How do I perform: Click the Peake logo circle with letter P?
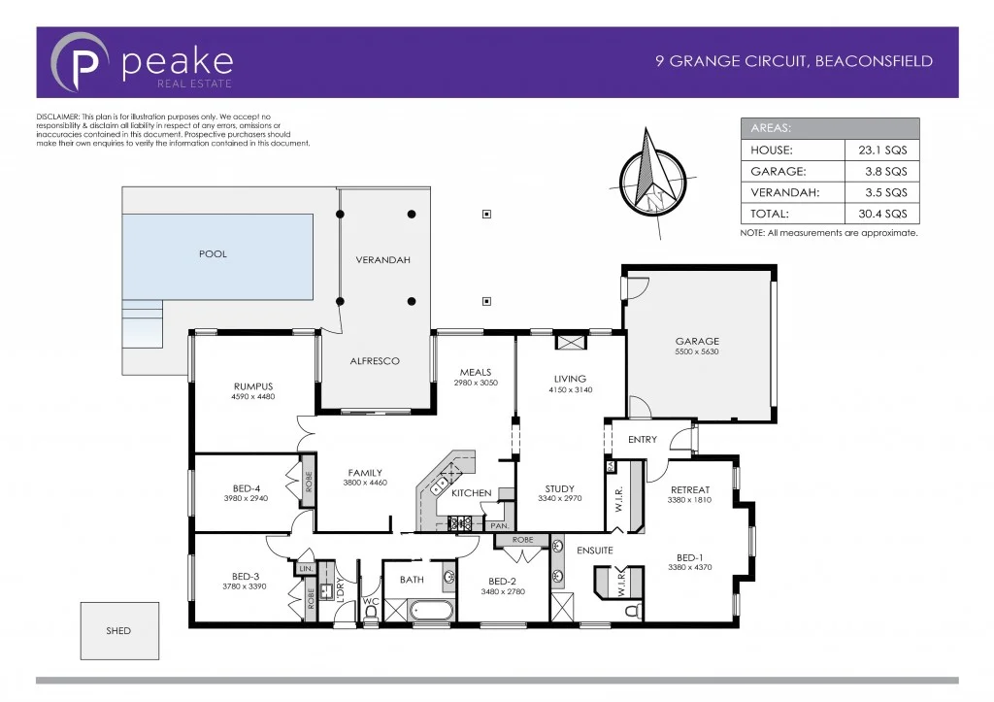pyautogui.click(x=80, y=62)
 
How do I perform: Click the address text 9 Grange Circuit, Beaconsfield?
pyautogui.click(x=794, y=61)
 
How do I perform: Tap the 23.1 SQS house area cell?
pyautogui.click(x=881, y=150)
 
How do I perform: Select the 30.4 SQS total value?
pyautogui.click(x=881, y=214)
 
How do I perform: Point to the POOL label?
pyautogui.click(x=213, y=254)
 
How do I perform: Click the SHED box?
pyautogui.click(x=118, y=631)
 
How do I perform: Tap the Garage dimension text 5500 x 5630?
pyautogui.click(x=697, y=352)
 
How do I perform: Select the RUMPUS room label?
pyautogui.click(x=252, y=386)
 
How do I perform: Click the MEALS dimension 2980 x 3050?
pyautogui.click(x=476, y=384)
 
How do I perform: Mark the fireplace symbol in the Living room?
pyautogui.click(x=570, y=343)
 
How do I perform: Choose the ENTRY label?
pyautogui.click(x=643, y=440)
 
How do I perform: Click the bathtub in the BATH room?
pyautogui.click(x=430, y=612)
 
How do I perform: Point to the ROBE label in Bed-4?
pyautogui.click(x=308, y=483)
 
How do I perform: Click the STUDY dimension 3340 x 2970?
pyautogui.click(x=560, y=499)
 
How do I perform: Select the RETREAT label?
pyautogui.click(x=689, y=490)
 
